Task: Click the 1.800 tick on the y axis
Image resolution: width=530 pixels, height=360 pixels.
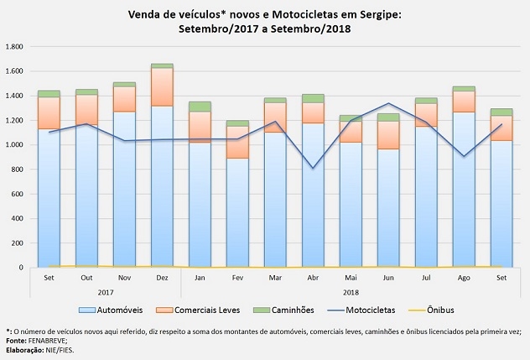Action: [x=16, y=46]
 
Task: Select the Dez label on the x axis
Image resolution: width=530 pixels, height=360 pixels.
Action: [x=163, y=277]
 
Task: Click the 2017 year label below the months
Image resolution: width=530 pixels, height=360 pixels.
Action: [x=106, y=291]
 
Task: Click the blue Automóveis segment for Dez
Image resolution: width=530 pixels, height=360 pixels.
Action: [x=163, y=185]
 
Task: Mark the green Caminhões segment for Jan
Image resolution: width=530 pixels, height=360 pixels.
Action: [x=200, y=107]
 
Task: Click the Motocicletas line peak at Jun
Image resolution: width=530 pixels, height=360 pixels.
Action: [x=388, y=104]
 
